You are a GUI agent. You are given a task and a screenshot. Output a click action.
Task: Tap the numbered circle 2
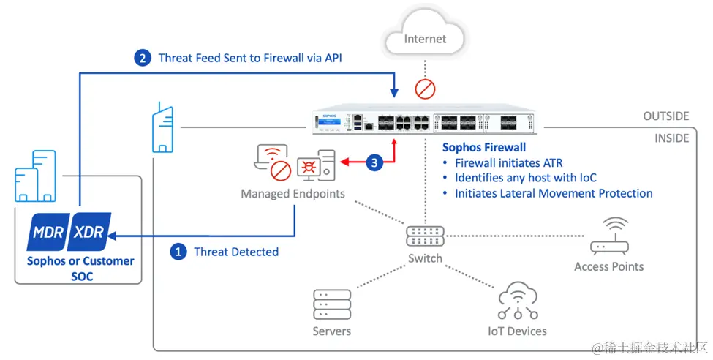pos(143,58)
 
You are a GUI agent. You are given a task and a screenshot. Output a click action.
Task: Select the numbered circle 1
pos(178,252)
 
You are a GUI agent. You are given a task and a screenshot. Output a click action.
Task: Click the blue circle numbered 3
pos(374,162)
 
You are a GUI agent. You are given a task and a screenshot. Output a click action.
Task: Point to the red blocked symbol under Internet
pos(425,89)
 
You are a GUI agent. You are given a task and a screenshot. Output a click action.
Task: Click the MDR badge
pos(48,232)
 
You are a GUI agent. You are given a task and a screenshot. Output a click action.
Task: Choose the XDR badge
pos(89,232)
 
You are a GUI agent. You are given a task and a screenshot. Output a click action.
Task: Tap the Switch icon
pos(425,236)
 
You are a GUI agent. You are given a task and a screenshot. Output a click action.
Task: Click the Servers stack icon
pos(332,304)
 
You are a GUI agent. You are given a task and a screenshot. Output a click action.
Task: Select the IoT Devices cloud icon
pos(518,301)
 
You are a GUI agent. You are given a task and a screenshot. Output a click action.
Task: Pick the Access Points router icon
pos(609,236)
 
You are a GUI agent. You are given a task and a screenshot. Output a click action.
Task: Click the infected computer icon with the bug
pos(317,165)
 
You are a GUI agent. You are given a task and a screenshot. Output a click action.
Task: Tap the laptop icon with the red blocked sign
pos(272,162)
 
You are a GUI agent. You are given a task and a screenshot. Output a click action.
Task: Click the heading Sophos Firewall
pos(484,148)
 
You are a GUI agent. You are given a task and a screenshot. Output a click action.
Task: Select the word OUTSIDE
pos(666,116)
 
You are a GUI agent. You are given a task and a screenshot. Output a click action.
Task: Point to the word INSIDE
pos(671,138)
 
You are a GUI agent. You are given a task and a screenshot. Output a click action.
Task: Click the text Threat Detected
pos(236,252)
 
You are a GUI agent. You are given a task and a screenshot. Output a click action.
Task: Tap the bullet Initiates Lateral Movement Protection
pos(548,193)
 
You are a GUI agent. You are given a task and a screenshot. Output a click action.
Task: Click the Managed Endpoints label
pos(293,194)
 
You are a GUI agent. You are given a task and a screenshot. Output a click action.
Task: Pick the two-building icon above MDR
pos(36,176)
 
